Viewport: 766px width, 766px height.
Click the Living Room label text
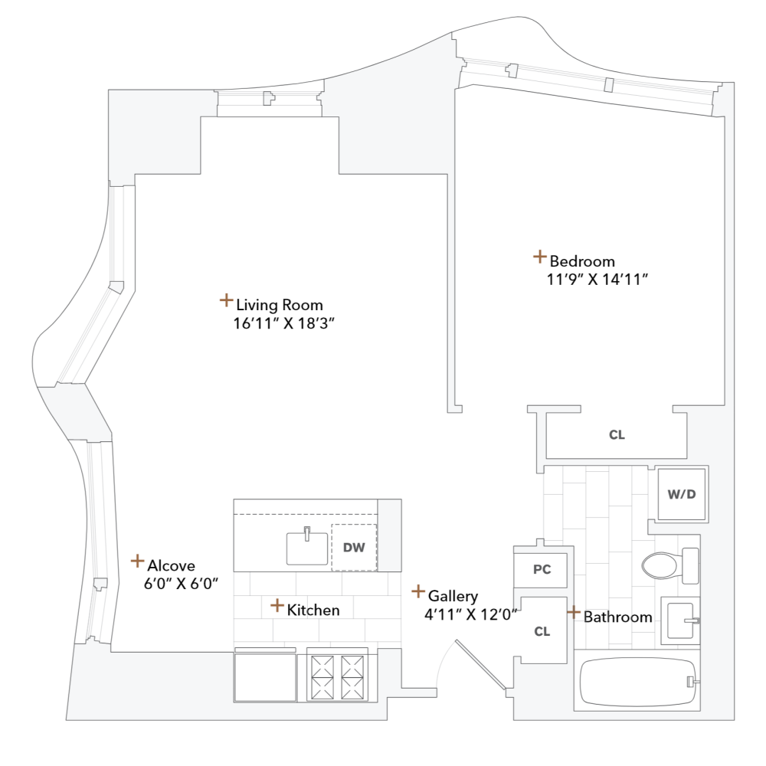[279, 305]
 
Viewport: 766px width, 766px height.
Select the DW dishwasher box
[354, 547]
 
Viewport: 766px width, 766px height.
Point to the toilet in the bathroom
[666, 566]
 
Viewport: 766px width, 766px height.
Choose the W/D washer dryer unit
[682, 493]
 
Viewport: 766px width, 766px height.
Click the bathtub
[639, 682]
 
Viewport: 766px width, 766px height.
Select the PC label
[542, 570]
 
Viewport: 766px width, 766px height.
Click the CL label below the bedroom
[617, 435]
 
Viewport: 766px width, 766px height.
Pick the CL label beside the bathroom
[542, 632]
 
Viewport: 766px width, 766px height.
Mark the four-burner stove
[337, 675]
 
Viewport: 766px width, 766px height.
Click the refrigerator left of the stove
[265, 676]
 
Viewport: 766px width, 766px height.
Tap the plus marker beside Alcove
[137, 561]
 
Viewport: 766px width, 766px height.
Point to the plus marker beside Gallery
[418, 591]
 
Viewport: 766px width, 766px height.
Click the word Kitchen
[313, 611]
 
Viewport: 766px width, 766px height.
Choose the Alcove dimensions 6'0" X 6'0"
[182, 584]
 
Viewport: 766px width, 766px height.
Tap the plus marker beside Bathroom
[573, 612]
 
